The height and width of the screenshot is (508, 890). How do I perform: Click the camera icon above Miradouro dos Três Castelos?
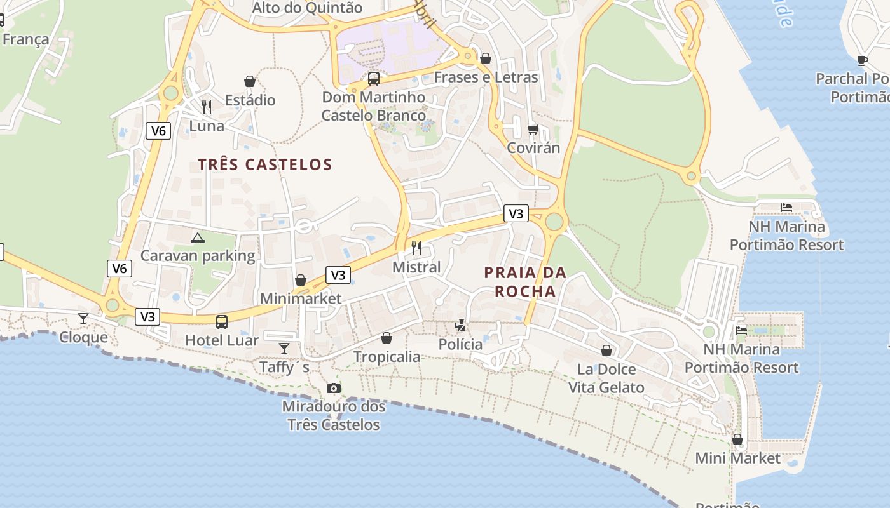point(333,388)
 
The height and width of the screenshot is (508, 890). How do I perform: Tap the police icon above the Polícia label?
point(460,326)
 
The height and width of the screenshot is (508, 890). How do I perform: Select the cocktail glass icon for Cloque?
point(83,318)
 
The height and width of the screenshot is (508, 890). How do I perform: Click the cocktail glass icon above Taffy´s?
point(284,348)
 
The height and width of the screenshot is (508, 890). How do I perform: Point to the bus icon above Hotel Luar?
point(221,321)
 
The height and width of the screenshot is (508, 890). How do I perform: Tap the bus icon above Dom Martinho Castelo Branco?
point(374,79)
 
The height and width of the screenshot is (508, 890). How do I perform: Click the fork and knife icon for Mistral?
point(416,248)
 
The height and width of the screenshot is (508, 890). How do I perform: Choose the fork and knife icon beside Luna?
point(206,107)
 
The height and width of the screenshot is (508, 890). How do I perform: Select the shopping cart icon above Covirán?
point(533,129)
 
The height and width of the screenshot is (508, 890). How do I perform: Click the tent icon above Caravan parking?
point(198,237)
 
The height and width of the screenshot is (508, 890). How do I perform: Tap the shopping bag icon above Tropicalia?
point(387,338)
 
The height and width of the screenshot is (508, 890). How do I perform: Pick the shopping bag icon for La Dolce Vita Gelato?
point(606,351)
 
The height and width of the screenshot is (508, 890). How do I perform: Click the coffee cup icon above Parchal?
point(862,60)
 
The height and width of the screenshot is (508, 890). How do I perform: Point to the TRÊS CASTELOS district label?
point(265,164)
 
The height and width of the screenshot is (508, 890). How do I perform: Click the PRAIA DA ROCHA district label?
point(525,282)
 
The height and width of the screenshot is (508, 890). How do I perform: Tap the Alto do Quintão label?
point(307,8)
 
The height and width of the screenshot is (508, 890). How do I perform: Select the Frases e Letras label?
point(486,77)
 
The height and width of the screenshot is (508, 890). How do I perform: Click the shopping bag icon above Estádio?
point(250,81)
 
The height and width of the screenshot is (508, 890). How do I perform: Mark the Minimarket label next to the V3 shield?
point(301,298)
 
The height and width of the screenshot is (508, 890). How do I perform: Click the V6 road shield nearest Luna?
point(158,131)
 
